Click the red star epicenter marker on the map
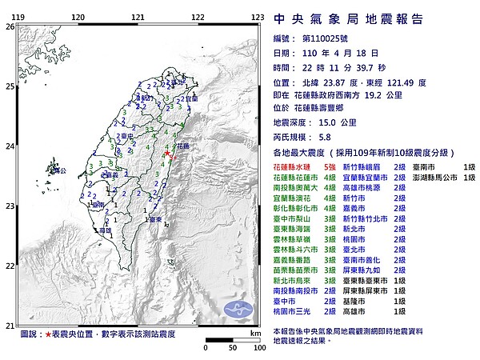click(166, 153)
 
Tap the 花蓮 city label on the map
click(182, 146)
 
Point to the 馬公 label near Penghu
click(94, 205)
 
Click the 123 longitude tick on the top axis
click(258, 16)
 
